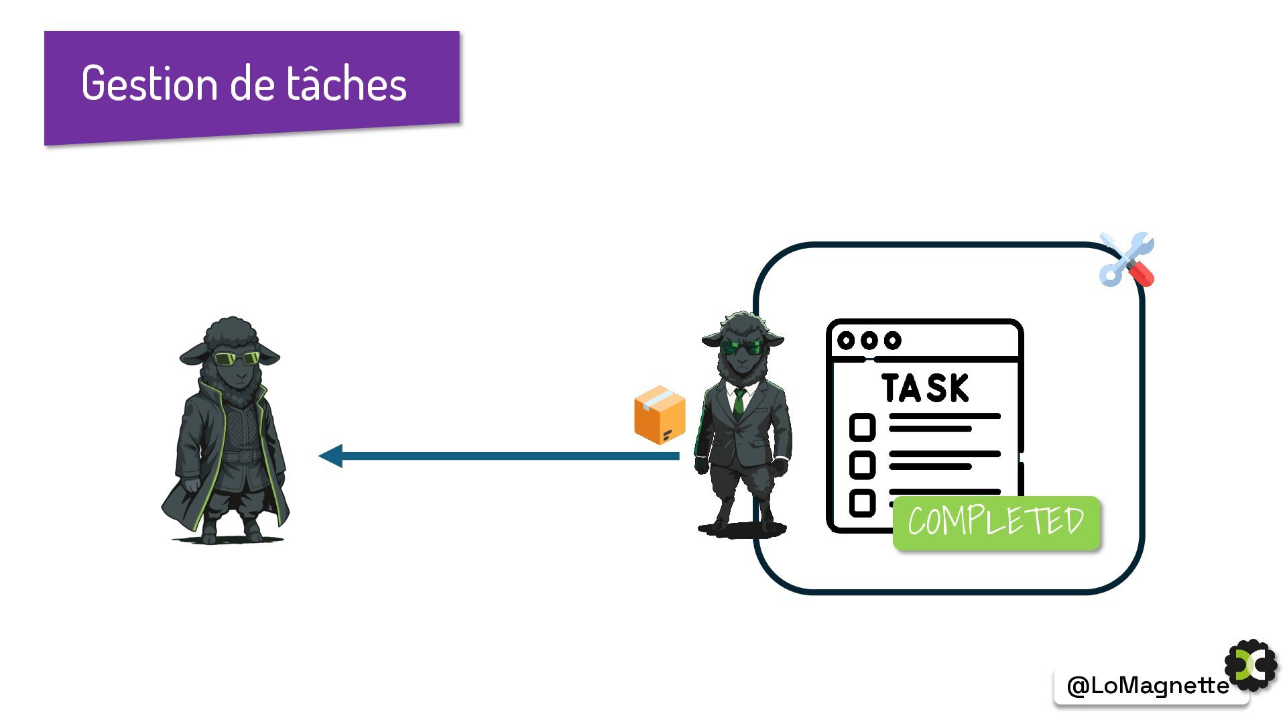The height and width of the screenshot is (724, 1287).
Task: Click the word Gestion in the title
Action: point(149,84)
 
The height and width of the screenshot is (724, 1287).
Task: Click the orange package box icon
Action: point(660,415)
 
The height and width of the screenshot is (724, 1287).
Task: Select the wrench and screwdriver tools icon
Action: point(1127,260)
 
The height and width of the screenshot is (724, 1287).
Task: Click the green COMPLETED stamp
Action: point(996,523)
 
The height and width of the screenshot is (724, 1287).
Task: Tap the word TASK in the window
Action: point(925,388)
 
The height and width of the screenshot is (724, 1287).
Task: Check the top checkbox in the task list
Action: point(862,427)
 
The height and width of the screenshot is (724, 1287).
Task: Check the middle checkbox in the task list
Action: point(862,465)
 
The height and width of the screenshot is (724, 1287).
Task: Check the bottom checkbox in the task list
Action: point(862,503)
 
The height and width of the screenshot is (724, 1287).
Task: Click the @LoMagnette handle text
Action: point(1148,685)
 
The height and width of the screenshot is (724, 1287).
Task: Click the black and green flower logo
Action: point(1251,666)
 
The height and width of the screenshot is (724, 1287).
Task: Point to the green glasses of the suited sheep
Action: point(741,347)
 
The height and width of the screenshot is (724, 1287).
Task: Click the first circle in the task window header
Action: point(846,341)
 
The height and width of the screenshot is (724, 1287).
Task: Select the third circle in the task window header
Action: point(892,341)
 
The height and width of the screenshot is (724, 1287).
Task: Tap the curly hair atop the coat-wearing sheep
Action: point(231,333)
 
